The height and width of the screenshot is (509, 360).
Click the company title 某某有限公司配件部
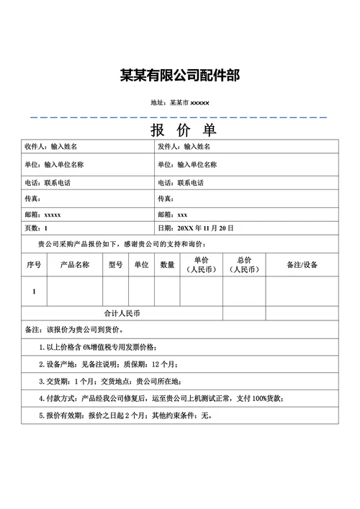point(179,76)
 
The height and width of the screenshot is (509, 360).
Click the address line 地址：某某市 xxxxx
point(179,104)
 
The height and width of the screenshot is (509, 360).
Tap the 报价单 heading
point(183,130)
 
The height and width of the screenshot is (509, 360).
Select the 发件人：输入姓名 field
point(184,147)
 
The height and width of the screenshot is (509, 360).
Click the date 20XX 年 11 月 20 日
point(206,228)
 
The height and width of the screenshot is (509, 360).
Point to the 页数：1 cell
point(36,228)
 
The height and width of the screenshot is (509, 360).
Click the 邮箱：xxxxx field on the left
point(42,215)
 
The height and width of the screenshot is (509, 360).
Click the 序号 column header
point(34,264)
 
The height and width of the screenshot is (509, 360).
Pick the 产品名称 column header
point(74,264)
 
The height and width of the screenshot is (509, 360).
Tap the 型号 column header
point(115,264)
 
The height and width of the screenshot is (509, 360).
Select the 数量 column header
point(167,264)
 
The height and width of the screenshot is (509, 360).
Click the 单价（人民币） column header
point(201,264)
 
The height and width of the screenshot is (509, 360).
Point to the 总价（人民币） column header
point(243,264)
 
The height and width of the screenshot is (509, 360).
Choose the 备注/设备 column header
point(302,264)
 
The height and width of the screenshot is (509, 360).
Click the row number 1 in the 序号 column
point(34,292)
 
